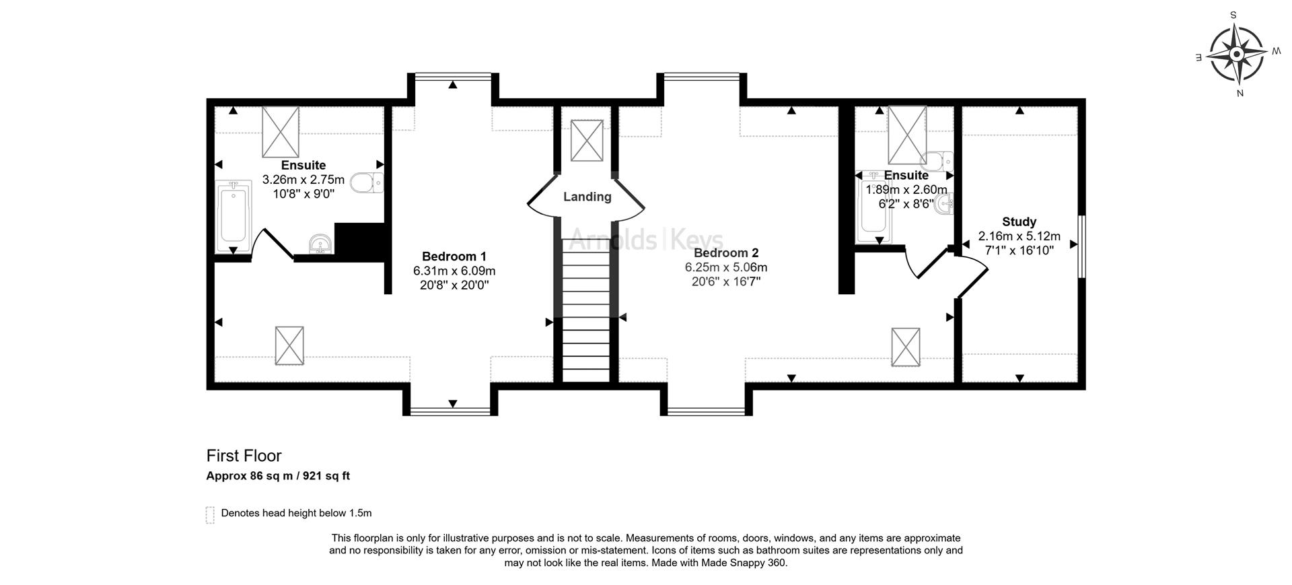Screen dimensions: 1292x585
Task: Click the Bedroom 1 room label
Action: point(454,256)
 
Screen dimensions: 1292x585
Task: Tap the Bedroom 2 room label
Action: point(726,253)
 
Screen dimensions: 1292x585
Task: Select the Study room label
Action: point(1019,221)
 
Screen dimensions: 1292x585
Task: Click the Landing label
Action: point(587,197)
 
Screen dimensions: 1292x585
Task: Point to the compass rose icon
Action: point(1237,54)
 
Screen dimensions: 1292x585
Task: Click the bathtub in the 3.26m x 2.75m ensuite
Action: point(233,217)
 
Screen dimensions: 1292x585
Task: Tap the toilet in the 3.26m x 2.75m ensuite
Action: point(367,182)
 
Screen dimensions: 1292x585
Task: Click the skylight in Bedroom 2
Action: point(906,347)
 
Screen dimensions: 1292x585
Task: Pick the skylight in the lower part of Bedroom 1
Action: point(289,345)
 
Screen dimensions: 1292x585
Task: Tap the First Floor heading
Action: point(244,456)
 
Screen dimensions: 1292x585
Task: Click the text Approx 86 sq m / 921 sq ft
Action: point(278,476)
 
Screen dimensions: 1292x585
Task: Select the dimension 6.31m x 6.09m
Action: point(454,271)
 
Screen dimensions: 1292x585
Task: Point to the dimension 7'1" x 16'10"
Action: point(1019,250)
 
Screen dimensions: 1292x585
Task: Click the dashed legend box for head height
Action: point(210,515)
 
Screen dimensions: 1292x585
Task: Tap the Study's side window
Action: point(1081,246)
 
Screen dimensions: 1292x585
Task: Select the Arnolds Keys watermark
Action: point(646,240)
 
